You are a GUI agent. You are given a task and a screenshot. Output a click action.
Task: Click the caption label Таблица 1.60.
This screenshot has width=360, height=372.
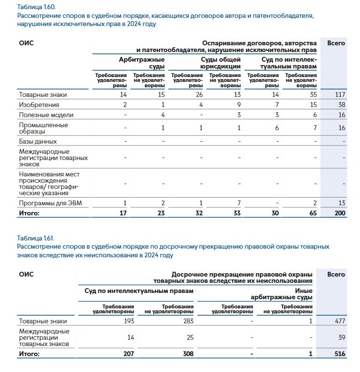coord(36,7)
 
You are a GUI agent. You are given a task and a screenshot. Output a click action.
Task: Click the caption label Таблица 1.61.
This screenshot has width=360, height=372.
coord(36,238)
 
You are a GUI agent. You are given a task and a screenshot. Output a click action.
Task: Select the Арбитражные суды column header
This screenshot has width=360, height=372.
coord(142,63)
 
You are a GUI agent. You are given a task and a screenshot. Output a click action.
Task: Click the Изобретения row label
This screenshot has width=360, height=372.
coord(39,105)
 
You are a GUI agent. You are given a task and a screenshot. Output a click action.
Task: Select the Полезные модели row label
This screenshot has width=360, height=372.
coord(46,115)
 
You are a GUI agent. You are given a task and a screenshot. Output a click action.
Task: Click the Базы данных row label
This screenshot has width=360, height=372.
coord(38,142)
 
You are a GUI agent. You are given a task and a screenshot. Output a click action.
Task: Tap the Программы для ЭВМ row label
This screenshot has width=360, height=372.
coord(51,203)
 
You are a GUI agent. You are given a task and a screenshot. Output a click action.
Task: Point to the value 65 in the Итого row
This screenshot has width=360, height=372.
coord(312,213)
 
